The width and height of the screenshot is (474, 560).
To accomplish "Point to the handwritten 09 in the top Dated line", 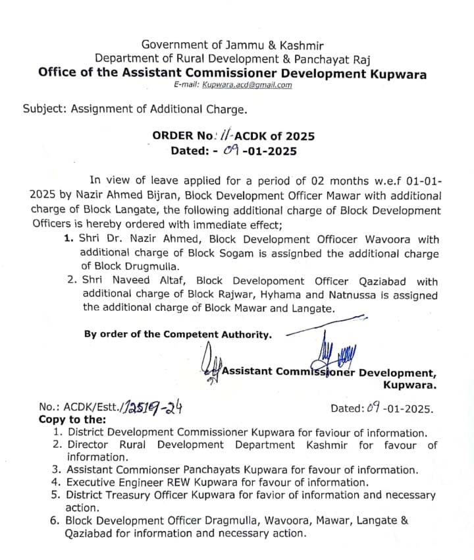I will pos(229,151).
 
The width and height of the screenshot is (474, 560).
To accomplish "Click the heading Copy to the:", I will pos(72,419).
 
